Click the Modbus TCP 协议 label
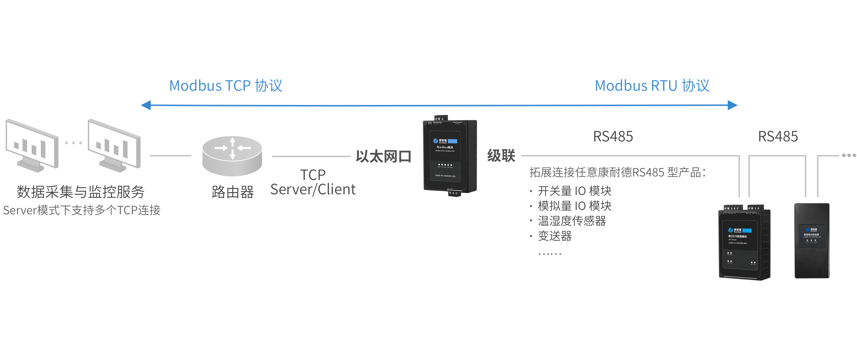click(x=226, y=86)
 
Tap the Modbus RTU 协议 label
click(x=652, y=86)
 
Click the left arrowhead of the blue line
click(x=146, y=105)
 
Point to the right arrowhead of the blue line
click(x=732, y=105)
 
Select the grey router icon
click(x=232, y=156)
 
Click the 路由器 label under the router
click(x=232, y=192)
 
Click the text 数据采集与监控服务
click(x=81, y=192)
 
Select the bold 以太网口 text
click(x=384, y=156)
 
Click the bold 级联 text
click(x=501, y=156)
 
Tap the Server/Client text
click(x=313, y=189)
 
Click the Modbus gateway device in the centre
click(x=450, y=156)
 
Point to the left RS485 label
click(x=613, y=136)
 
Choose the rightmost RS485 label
click(x=778, y=136)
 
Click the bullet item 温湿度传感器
click(x=572, y=221)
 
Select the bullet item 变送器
click(x=555, y=236)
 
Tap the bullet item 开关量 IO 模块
click(x=575, y=191)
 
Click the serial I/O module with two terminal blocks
click(x=745, y=243)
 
